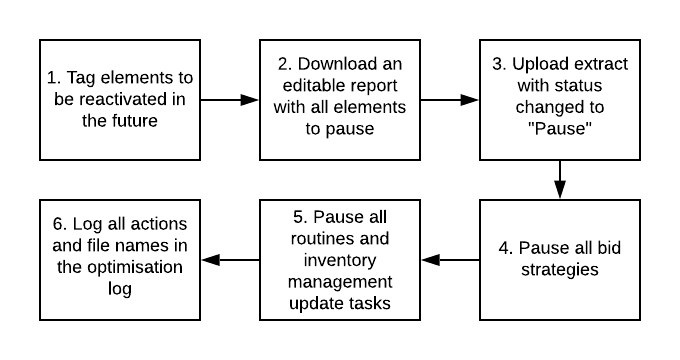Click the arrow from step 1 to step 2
click(x=229, y=100)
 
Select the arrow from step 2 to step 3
click(x=450, y=100)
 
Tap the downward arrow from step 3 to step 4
click(x=559, y=180)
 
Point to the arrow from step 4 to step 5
click(x=450, y=260)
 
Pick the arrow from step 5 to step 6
click(x=229, y=260)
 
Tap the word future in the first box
click(x=137, y=122)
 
